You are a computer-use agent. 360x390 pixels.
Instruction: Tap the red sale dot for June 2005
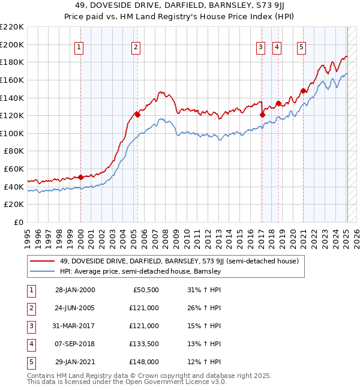[137, 114]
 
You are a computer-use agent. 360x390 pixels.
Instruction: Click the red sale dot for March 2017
[262, 114]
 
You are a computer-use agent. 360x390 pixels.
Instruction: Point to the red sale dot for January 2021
[303, 91]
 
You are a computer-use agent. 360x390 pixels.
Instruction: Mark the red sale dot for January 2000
[80, 177]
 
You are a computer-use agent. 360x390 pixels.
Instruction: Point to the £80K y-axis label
[14, 151]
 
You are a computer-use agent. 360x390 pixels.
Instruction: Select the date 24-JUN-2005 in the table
[75, 308]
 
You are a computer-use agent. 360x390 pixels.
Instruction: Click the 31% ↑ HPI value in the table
[204, 290]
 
